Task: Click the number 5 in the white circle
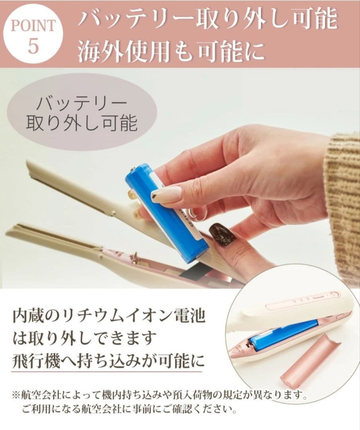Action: coord(33,46)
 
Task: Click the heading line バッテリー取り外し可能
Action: coord(207,19)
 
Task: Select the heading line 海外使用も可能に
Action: coord(171,51)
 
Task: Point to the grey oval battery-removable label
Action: coord(82,113)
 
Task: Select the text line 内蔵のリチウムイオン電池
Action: coord(109,317)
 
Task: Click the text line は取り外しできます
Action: coord(84,339)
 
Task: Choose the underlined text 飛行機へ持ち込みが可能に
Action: coord(108,362)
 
